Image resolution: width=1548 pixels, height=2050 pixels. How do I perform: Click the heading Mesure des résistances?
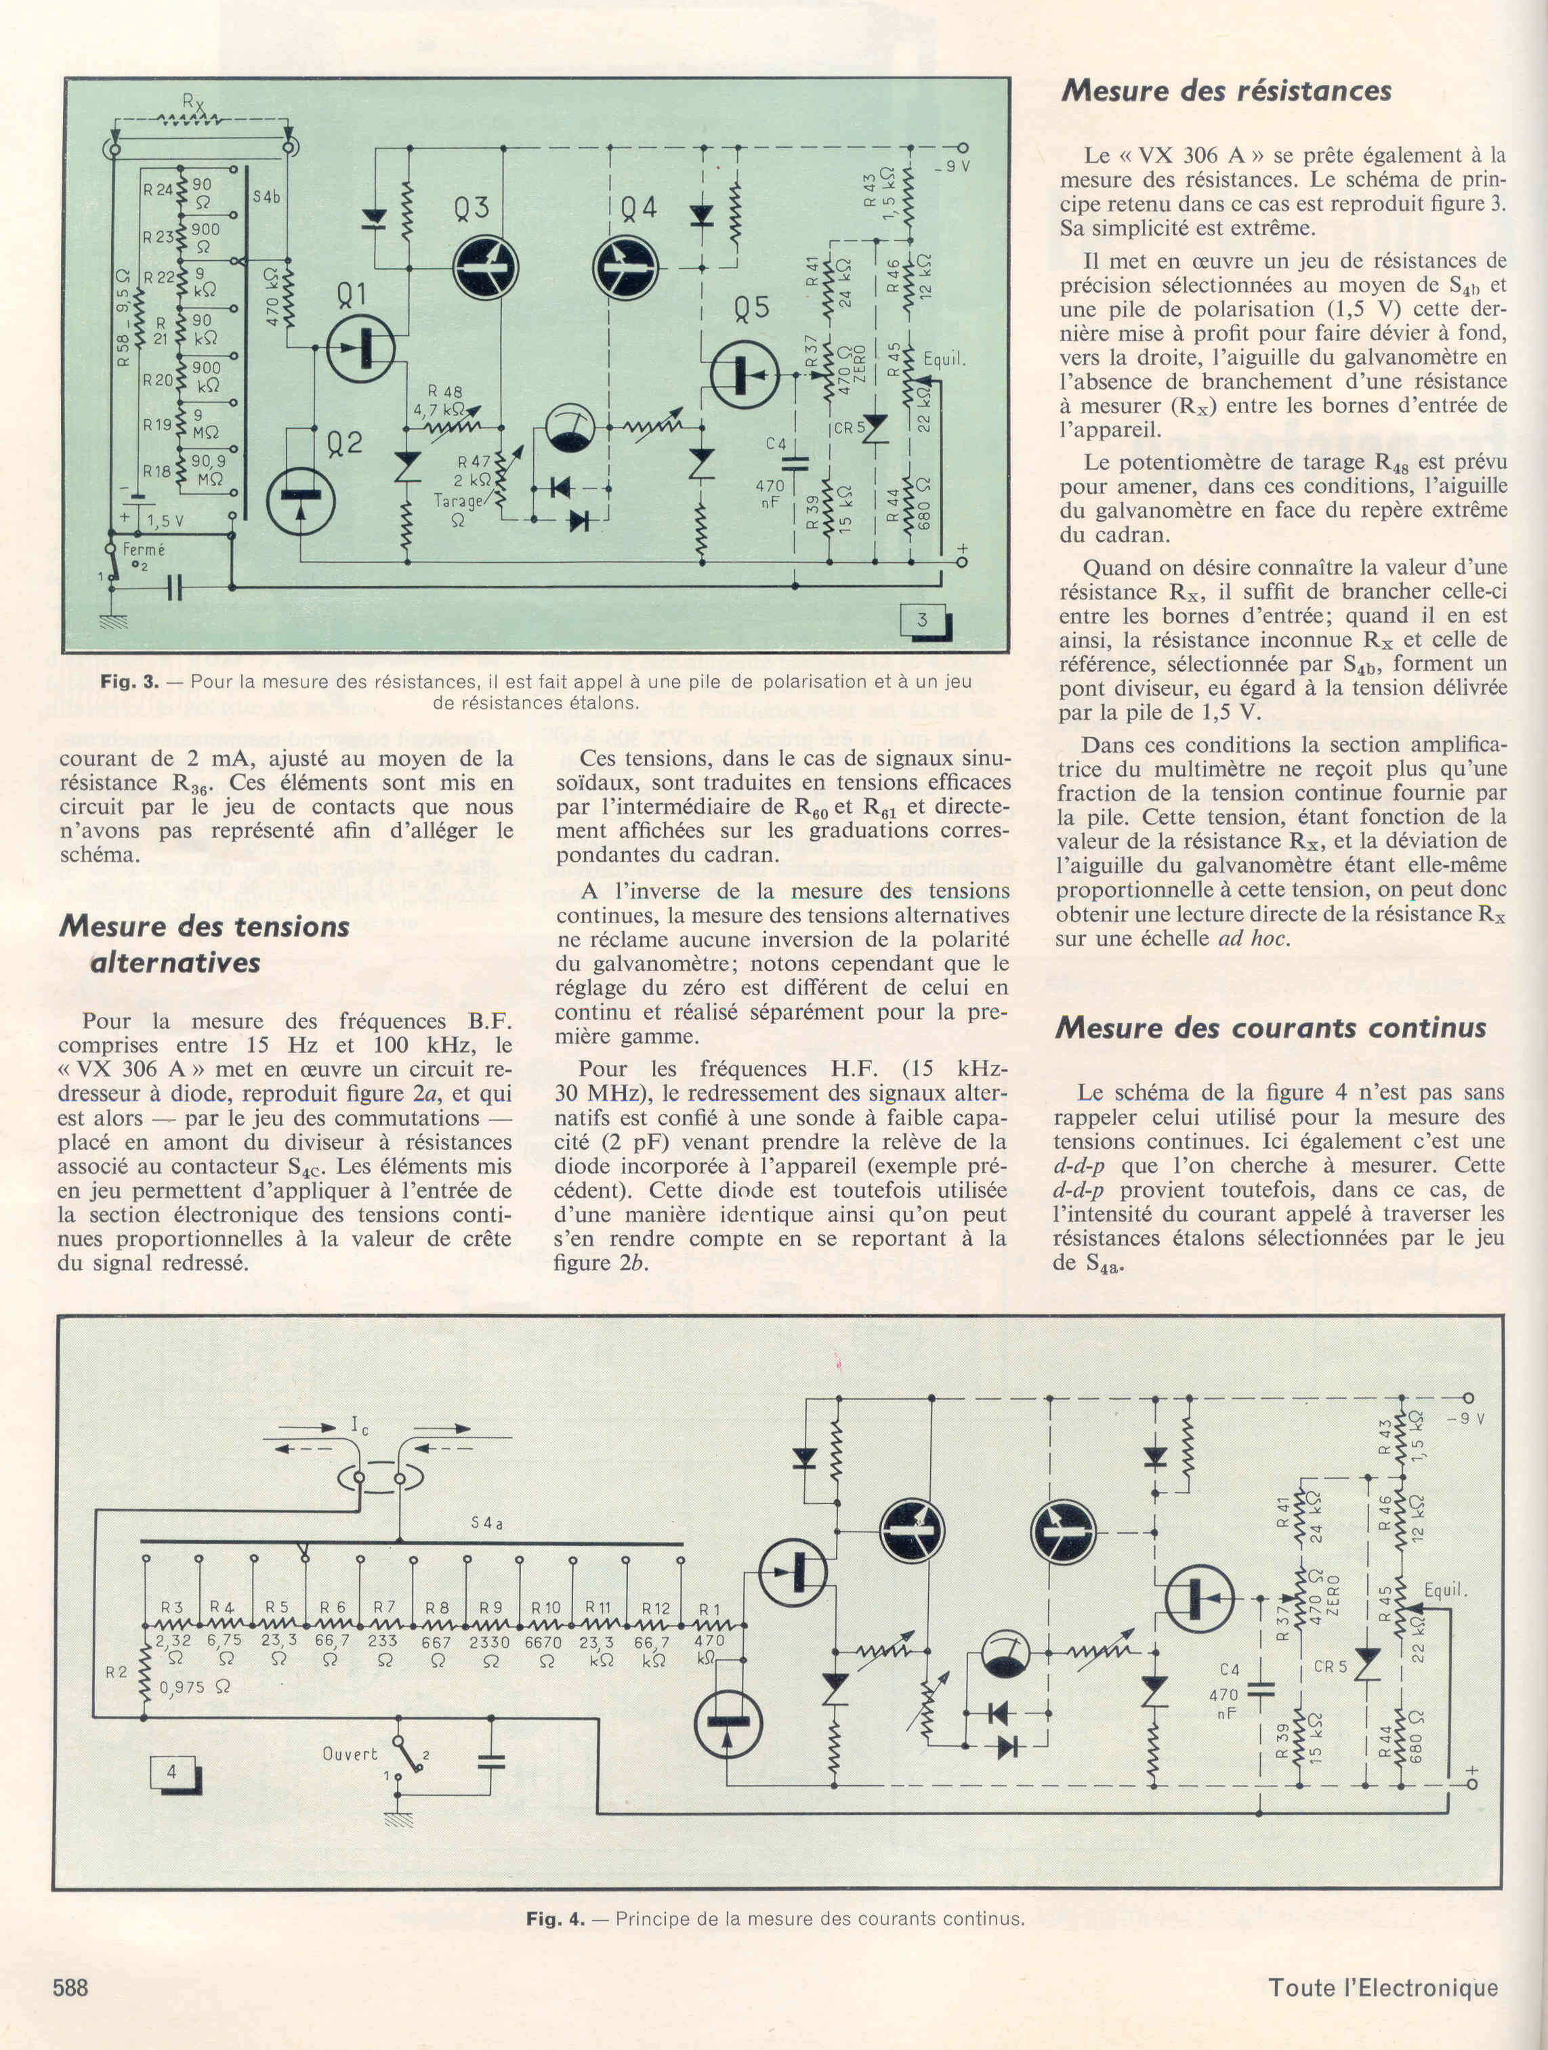tap(1226, 91)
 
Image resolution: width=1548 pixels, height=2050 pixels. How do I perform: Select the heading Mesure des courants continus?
tap(1270, 1028)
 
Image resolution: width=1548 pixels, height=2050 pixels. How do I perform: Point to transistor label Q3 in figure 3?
tap(471, 209)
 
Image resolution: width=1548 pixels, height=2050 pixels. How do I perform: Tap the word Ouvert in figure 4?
tap(350, 1753)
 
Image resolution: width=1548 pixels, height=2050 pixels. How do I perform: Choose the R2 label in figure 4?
tap(116, 1673)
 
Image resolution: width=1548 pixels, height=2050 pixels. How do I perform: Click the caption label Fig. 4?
tap(556, 1919)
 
